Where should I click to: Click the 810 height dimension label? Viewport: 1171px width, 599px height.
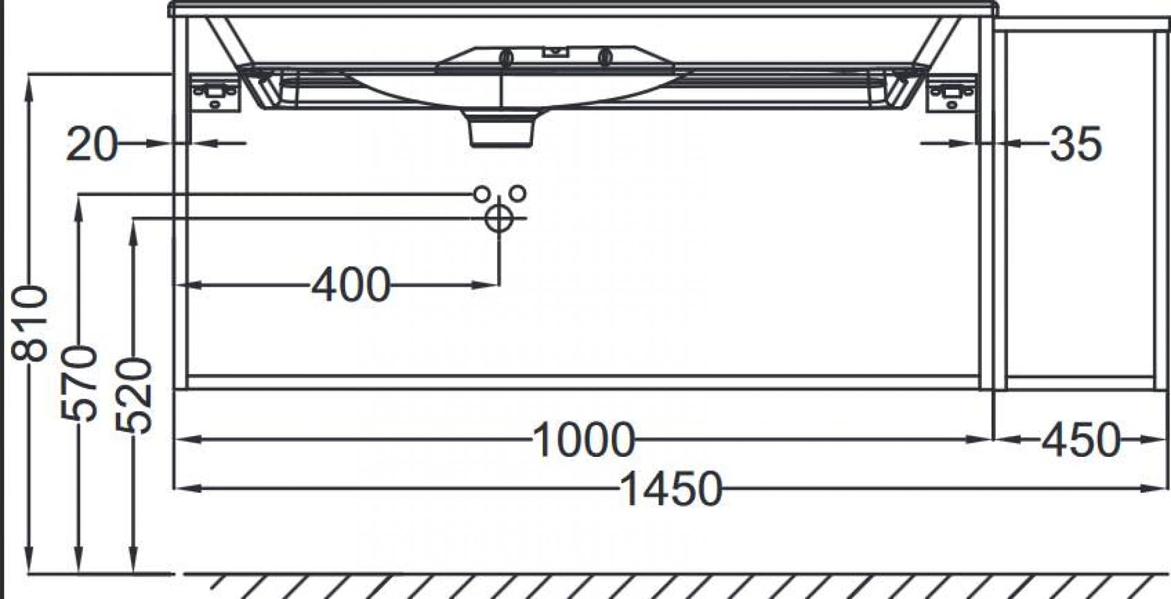29,323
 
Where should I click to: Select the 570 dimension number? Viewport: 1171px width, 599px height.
79,383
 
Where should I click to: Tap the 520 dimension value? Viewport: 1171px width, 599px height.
134,395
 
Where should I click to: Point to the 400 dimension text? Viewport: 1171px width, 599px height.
351,284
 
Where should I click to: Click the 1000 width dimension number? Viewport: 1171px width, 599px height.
584,440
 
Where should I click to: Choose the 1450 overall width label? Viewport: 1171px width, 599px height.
671,489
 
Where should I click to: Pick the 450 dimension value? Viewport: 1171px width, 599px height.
1081,440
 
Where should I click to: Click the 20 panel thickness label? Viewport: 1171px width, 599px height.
91,144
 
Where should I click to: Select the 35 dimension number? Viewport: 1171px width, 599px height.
1076,144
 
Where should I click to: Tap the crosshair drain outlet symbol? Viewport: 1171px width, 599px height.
499,218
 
